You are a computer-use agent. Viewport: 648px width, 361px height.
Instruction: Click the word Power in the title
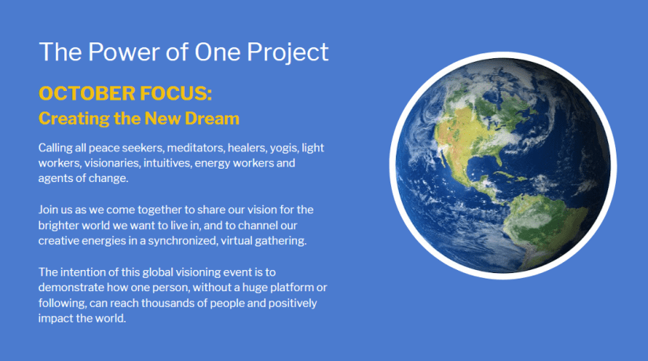[x=123, y=52]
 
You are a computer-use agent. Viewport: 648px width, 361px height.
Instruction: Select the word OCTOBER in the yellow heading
[x=86, y=93]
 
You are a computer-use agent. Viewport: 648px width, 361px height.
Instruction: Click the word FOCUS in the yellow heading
[x=176, y=93]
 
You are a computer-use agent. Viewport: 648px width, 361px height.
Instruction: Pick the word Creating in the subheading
[x=74, y=119]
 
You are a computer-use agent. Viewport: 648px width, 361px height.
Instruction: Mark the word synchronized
[x=183, y=241]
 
